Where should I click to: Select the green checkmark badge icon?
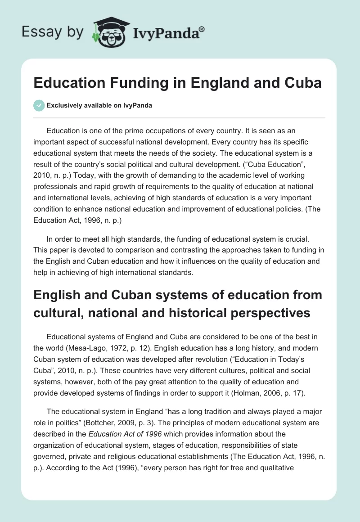(39, 105)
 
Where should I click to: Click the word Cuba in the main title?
(304, 84)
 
